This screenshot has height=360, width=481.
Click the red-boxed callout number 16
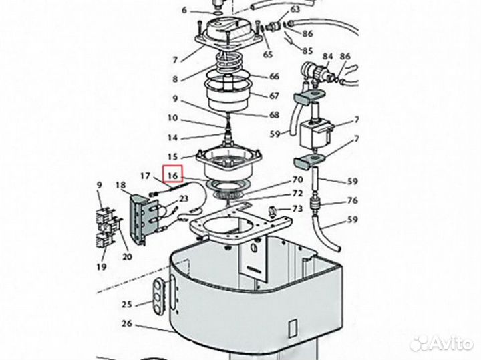(x=174, y=176)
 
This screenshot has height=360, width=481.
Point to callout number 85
(x=307, y=51)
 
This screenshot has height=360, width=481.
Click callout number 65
(x=268, y=54)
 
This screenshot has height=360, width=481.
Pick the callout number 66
(x=274, y=77)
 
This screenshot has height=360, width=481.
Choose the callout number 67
(x=274, y=96)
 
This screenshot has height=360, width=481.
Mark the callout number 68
(x=274, y=115)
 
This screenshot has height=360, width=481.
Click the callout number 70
(x=297, y=180)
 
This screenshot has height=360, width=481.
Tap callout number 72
(x=297, y=193)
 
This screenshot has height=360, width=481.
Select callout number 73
(x=297, y=209)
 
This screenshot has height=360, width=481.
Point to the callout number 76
(x=351, y=201)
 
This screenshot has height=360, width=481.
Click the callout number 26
(x=127, y=326)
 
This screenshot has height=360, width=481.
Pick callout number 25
(x=127, y=305)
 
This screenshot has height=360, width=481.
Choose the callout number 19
(x=101, y=266)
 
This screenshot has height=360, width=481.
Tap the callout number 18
(x=120, y=184)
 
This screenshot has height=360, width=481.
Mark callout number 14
(x=172, y=138)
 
